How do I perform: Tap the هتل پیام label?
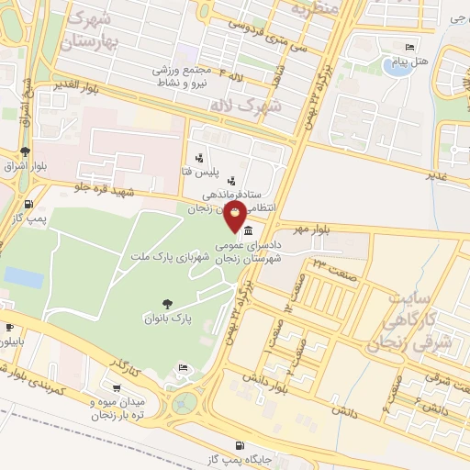click(x=410, y=62)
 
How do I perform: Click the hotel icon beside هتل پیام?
click(x=409, y=48)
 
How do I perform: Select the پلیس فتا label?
click(x=198, y=173)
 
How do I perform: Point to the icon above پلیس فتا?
click(x=198, y=159)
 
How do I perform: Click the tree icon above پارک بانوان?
click(x=167, y=304)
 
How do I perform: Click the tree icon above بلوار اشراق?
click(x=25, y=152)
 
